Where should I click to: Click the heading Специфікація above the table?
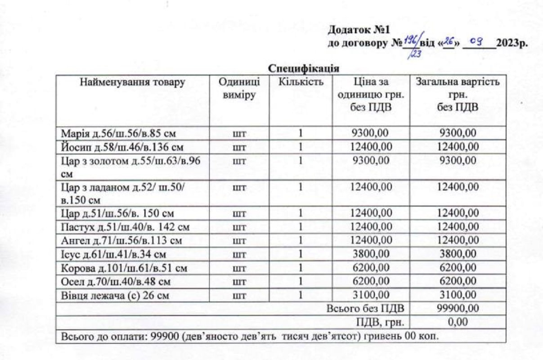(304, 68)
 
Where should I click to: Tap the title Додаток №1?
(358, 31)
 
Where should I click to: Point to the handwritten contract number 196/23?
(411, 46)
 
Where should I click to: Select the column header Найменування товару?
(133, 82)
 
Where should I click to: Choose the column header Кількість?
(301, 82)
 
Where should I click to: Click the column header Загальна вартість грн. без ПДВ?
(458, 95)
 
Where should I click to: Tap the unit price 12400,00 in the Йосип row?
(371, 147)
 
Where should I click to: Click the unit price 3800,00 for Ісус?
(371, 254)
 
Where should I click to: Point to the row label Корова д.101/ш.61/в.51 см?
(124, 269)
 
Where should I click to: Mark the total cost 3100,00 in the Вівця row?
(458, 295)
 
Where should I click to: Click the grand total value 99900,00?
(458, 309)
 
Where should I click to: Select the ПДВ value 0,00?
(458, 322)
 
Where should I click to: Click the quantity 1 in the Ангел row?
(301, 241)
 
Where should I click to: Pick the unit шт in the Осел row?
(240, 282)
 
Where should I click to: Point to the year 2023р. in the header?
(512, 43)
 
